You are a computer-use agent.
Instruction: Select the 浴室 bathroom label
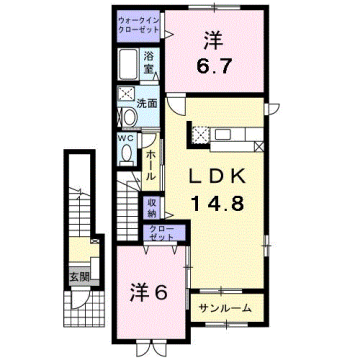coord(148,58)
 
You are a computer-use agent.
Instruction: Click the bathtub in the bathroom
coord(125,68)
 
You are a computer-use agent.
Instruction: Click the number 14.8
coord(214,203)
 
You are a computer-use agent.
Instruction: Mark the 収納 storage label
coord(153,208)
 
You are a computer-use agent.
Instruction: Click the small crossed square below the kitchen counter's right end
coord(260,146)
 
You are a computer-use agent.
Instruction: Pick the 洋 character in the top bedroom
coord(212,41)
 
